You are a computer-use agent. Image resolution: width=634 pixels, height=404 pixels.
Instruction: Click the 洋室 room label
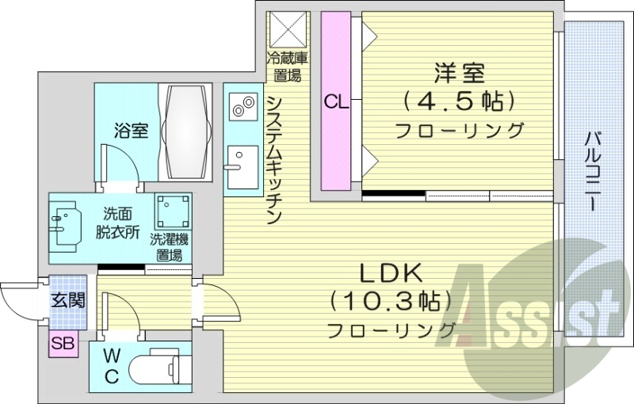pos(459,73)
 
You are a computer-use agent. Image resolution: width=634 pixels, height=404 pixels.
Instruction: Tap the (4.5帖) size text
pos(459,101)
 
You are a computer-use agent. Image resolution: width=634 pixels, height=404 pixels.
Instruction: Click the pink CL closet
pos(335,101)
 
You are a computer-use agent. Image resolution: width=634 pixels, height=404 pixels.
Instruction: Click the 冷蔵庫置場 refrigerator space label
pos(286,66)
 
